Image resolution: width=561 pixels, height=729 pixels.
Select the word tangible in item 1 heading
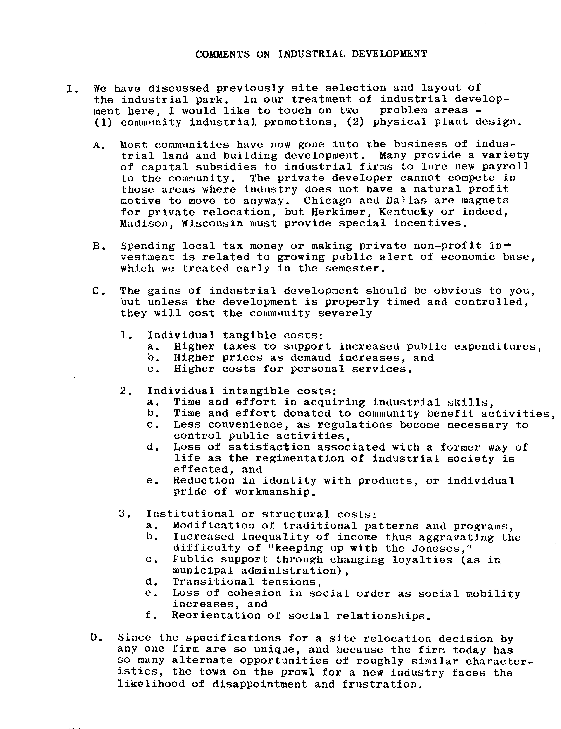[x=249, y=335]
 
